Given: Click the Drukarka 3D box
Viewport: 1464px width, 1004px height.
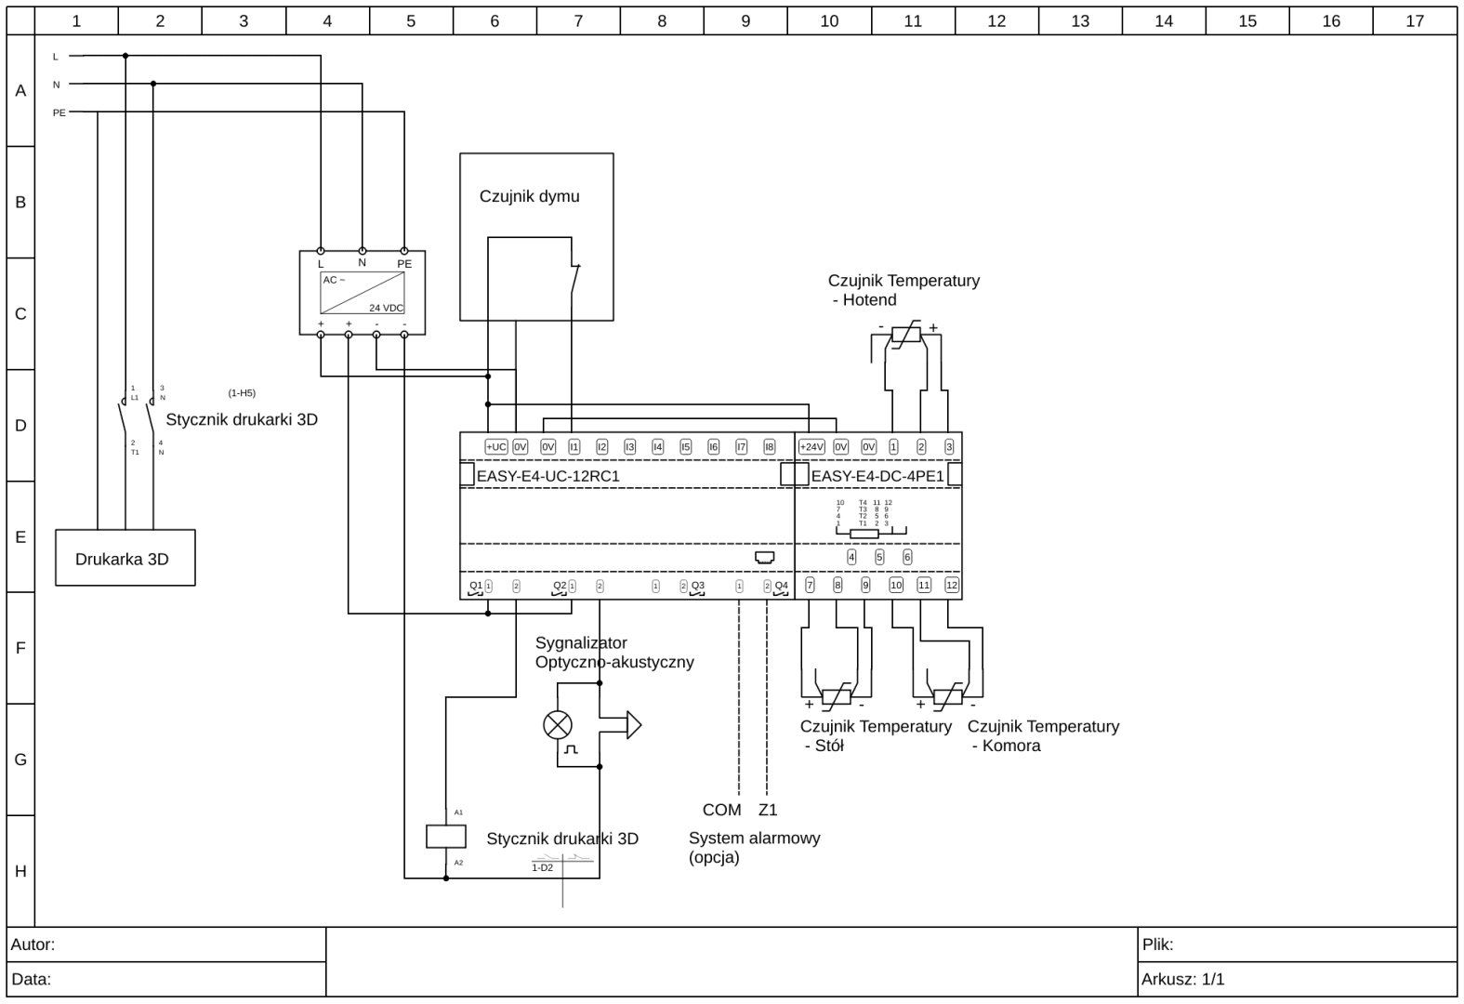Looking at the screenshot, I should click(x=125, y=558).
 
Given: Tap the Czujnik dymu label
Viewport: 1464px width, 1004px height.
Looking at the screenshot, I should click(x=529, y=196).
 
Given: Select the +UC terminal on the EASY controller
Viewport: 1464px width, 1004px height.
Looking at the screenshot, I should click(x=495, y=447).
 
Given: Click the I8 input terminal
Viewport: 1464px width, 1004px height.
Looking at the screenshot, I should click(x=769, y=447).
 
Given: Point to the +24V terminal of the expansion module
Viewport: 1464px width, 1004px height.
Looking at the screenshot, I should click(x=811, y=447).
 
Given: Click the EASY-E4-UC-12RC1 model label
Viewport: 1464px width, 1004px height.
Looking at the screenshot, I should click(x=547, y=476).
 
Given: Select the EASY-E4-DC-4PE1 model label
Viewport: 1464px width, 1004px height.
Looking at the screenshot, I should click(x=877, y=476).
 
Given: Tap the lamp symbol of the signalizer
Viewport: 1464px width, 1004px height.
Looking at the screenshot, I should click(x=557, y=725).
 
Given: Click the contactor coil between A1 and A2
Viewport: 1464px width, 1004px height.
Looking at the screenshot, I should click(x=445, y=836).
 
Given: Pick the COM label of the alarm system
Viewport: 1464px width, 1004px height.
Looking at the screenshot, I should click(x=721, y=810).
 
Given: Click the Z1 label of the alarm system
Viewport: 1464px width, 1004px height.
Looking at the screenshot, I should click(x=767, y=810).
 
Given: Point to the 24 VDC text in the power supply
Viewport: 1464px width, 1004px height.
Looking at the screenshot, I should click(x=386, y=308).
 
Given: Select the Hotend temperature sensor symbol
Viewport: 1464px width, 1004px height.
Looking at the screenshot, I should click(x=906, y=334).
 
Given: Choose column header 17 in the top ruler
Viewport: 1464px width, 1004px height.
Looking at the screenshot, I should click(x=1414, y=20).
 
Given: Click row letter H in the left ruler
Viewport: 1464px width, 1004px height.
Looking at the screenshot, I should click(x=20, y=871).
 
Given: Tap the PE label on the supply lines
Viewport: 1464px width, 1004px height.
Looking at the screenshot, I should click(x=59, y=112).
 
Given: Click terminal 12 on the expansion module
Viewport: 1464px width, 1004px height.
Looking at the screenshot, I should click(x=951, y=585).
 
